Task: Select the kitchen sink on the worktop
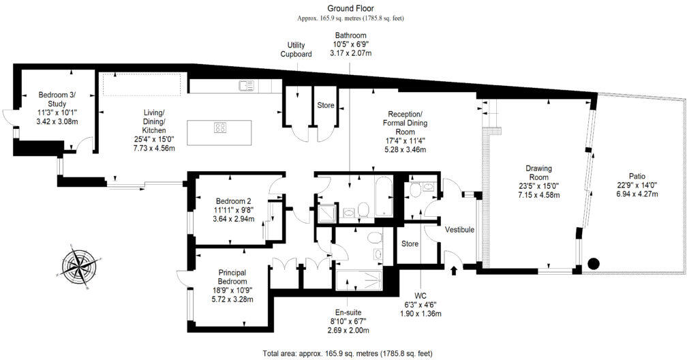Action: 246,86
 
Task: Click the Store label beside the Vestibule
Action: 410,243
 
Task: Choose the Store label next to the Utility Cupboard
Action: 326,106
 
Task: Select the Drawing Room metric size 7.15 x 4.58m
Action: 538,195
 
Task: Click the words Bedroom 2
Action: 234,201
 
